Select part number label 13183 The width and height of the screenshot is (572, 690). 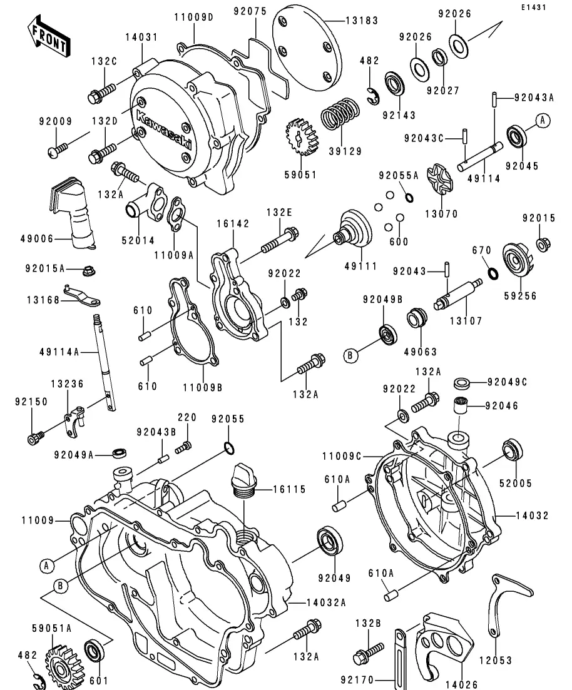point(362,20)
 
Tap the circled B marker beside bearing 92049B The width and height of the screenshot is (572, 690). point(351,355)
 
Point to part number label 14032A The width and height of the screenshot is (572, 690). point(326,602)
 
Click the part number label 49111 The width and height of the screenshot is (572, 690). point(361,266)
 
